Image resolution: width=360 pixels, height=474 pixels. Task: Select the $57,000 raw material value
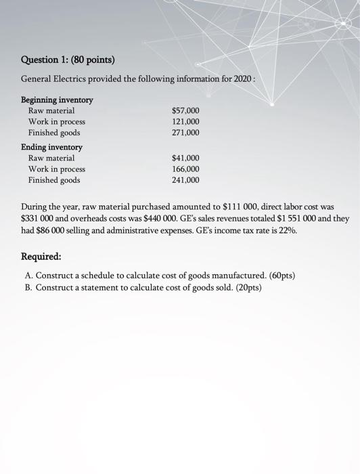186,110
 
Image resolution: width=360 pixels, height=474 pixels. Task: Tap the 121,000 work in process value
186,122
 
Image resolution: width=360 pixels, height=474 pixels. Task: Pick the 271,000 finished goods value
186,133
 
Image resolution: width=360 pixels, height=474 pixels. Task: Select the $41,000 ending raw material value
186,158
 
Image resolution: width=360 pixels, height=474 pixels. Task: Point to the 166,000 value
186,169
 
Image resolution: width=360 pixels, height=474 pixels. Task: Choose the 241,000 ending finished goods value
186,181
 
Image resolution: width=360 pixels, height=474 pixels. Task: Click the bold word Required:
41,257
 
